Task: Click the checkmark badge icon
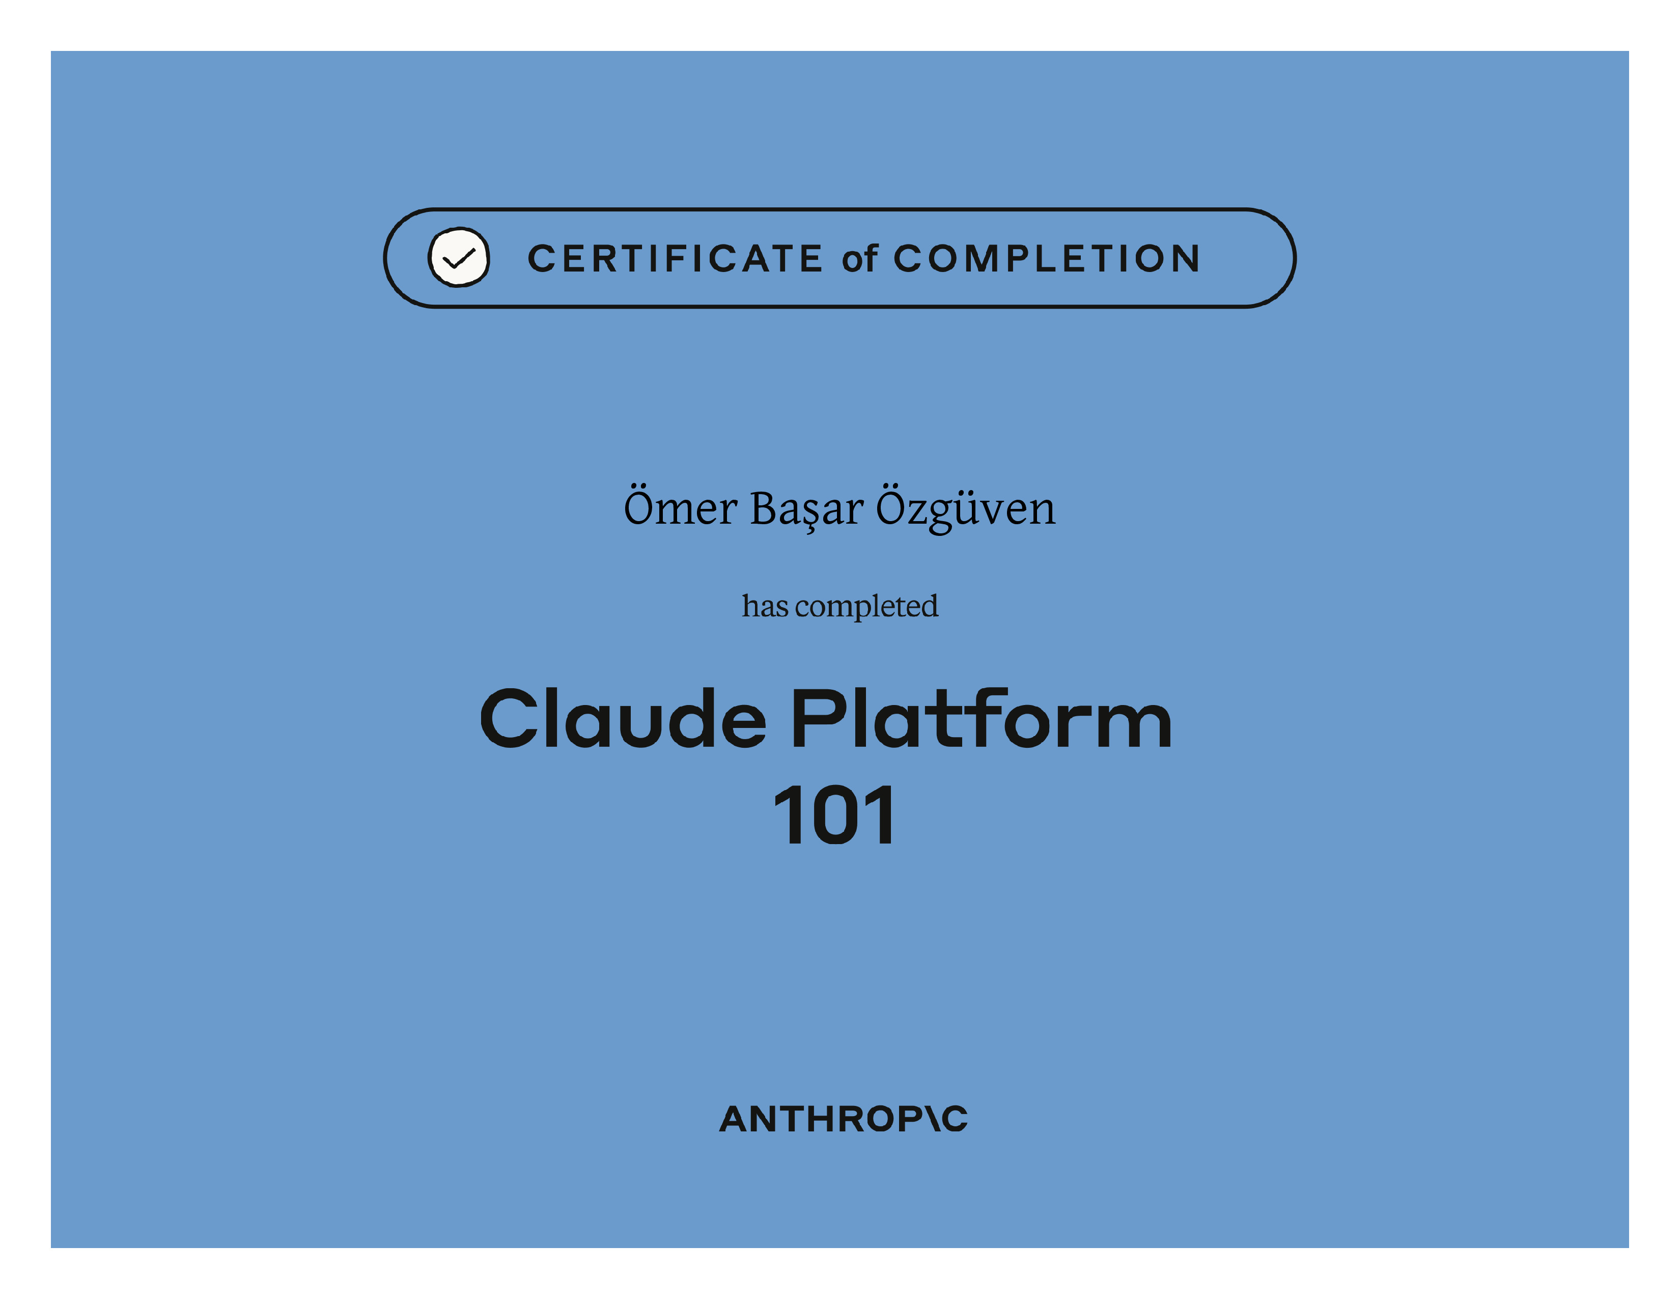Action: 459,258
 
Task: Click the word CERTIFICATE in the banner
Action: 676,259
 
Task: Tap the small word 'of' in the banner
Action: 859,259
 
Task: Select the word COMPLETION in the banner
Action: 1047,259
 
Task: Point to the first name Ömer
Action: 681,507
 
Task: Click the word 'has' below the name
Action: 765,606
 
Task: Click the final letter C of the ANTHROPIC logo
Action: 955,1119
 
